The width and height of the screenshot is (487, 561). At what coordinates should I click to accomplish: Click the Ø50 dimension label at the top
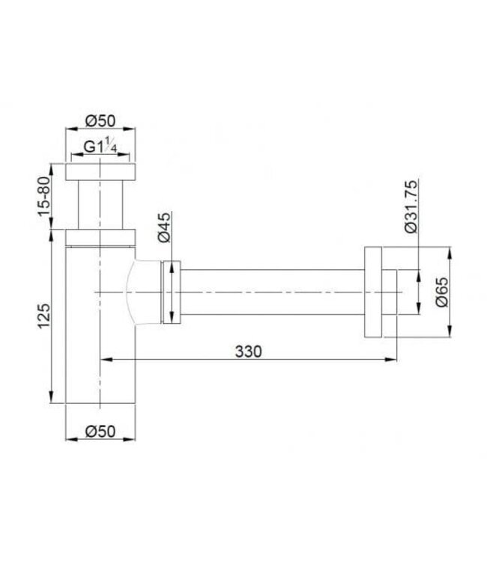coord(100,120)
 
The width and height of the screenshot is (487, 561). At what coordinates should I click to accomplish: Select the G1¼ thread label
coord(100,147)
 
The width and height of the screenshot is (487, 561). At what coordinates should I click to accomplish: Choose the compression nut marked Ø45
coord(171,292)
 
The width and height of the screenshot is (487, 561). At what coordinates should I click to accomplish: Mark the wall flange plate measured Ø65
coord(373,292)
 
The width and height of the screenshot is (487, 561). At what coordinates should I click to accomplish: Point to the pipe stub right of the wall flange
coord(390,292)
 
